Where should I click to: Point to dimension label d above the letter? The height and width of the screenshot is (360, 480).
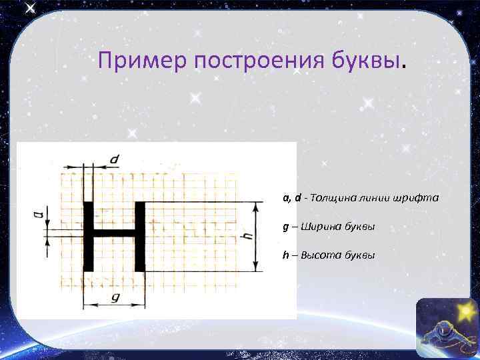coord(114,159)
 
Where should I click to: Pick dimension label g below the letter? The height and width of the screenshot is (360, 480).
coord(114,298)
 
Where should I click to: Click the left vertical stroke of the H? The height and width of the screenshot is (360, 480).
coord(88,235)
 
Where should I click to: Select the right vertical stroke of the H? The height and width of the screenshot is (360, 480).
coord(139,235)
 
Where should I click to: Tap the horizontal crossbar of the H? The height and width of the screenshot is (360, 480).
coord(113,234)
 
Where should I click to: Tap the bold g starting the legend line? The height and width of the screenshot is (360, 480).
coord(285,227)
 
